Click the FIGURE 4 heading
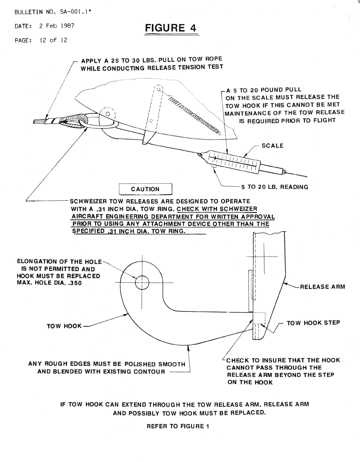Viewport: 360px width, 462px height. [170, 28]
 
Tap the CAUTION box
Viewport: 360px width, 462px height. [145, 189]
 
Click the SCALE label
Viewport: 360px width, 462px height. [272, 146]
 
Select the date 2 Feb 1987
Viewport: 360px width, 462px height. [57, 26]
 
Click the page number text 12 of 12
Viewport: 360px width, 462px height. [53, 40]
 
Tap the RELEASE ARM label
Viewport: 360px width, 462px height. [322, 287]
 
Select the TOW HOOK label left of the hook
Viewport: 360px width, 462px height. [64, 326]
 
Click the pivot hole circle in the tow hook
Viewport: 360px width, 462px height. [142, 283]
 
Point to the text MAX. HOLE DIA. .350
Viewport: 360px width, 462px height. [49, 283]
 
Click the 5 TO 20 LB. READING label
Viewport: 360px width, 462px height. [274, 187]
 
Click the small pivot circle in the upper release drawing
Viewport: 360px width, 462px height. [108, 114]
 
